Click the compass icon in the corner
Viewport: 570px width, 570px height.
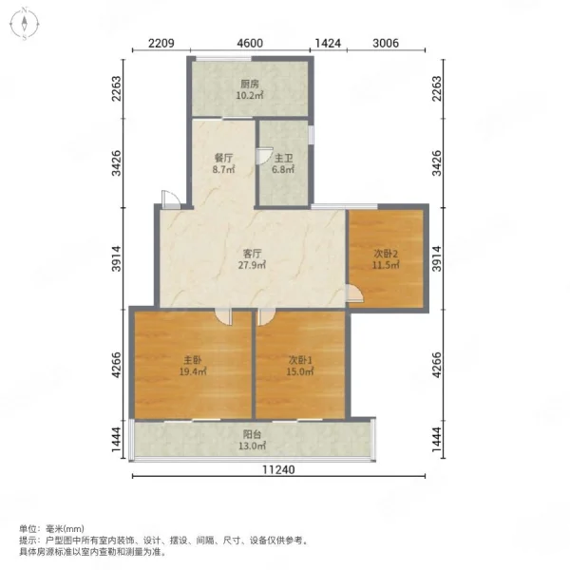point(24,24)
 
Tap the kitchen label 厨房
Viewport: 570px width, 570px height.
point(249,84)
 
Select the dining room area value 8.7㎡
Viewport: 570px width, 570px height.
point(223,169)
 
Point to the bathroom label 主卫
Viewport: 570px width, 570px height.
point(283,158)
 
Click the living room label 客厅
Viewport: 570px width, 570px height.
point(252,253)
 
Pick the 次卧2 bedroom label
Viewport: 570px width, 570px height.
point(386,253)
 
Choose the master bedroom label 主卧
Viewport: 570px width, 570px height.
point(192,360)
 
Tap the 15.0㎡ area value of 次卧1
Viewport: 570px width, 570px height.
point(300,371)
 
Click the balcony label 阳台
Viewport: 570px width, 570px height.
point(252,434)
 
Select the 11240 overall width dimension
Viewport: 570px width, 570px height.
point(278,469)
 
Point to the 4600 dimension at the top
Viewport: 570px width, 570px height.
point(250,44)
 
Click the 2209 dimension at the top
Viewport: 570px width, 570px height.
point(161,44)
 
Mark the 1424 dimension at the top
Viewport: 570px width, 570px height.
point(328,44)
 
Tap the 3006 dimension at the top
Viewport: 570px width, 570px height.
point(386,44)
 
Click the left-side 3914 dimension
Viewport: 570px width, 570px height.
point(116,258)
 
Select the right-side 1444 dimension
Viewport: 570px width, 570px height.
point(437,440)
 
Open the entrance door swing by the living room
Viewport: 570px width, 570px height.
point(170,199)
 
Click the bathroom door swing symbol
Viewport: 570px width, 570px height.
point(264,156)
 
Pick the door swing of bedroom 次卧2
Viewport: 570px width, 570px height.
point(354,294)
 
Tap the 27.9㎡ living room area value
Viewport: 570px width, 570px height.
point(252,265)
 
